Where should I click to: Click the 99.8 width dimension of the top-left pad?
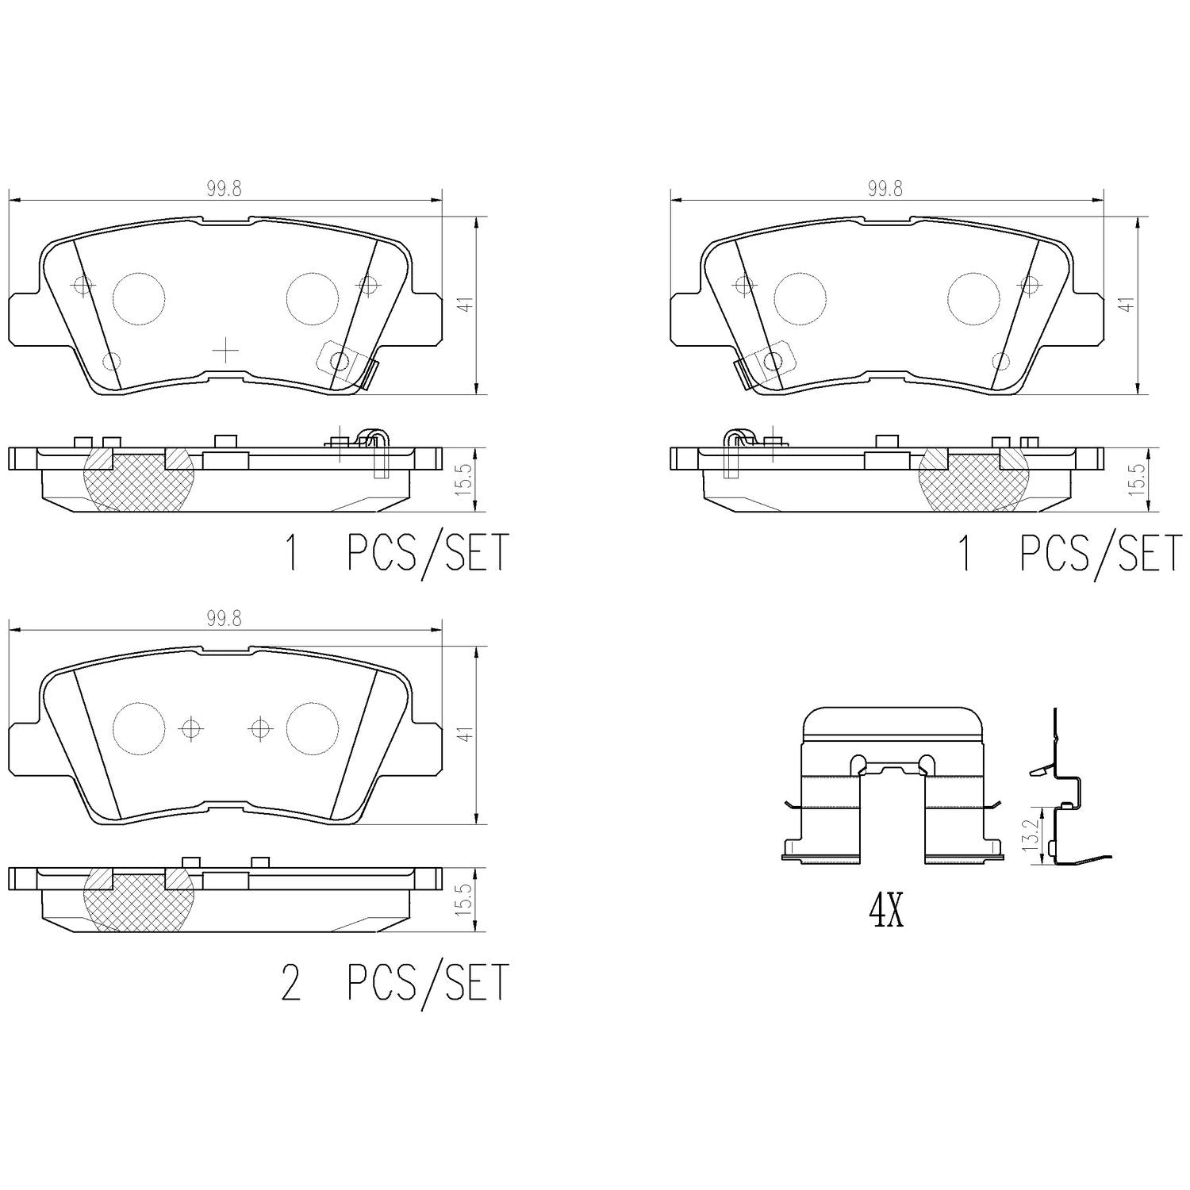click(224, 189)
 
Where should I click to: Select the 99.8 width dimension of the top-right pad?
click(885, 189)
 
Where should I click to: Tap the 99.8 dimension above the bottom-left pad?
click(224, 620)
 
